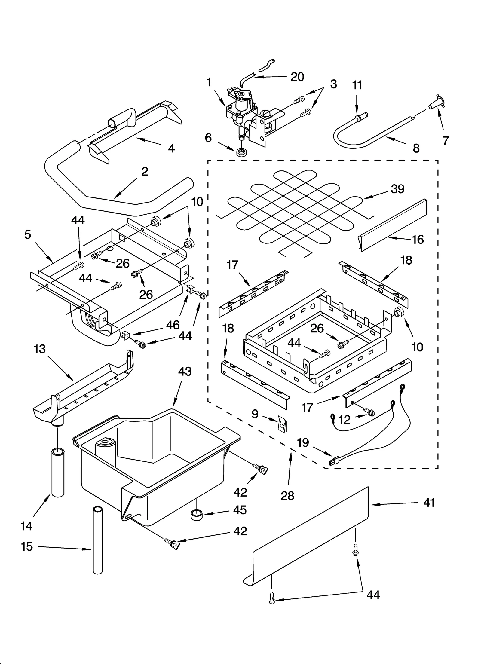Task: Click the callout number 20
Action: point(297,77)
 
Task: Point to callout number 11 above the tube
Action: point(357,85)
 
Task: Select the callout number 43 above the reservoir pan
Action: point(185,372)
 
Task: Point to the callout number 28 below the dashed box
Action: point(287,496)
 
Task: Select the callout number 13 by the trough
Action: point(40,349)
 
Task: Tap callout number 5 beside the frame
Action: point(28,234)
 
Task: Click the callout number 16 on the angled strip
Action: point(418,240)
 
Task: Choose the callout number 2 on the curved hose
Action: point(145,172)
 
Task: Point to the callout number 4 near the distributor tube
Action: point(171,148)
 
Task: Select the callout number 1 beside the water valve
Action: point(209,82)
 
